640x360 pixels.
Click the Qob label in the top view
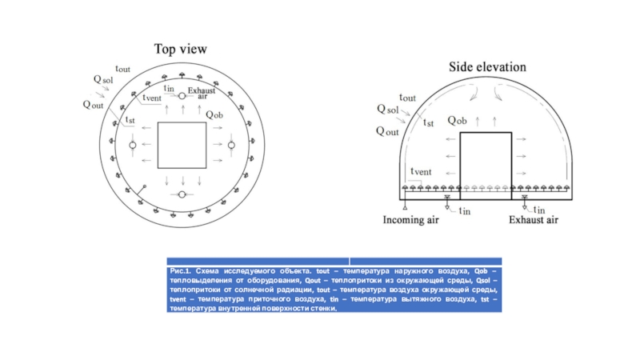click(214, 114)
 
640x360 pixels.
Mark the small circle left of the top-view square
click(134, 146)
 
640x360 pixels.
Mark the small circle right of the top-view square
click(231, 146)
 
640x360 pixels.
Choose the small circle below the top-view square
click(182, 194)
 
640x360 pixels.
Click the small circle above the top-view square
click(182, 97)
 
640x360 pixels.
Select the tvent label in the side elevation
click(421, 171)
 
